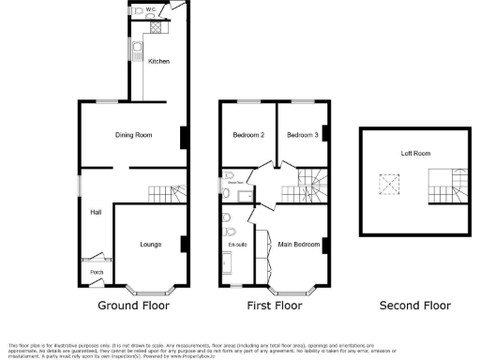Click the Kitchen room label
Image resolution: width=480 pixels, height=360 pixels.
click(158, 62)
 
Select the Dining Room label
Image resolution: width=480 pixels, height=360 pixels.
click(133, 136)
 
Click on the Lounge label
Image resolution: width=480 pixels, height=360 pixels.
click(151, 245)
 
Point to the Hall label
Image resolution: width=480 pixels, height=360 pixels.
click(96, 213)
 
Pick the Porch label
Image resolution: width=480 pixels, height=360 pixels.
click(96, 273)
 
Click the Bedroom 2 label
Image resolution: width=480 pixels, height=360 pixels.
click(248, 136)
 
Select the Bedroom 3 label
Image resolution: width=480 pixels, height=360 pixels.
click(303, 136)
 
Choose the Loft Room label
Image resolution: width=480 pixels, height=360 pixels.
click(415, 153)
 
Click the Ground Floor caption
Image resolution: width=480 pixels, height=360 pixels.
click(133, 306)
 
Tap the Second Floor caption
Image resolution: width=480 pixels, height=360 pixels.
click(414, 306)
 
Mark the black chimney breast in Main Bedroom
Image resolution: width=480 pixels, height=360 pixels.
click(325, 246)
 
